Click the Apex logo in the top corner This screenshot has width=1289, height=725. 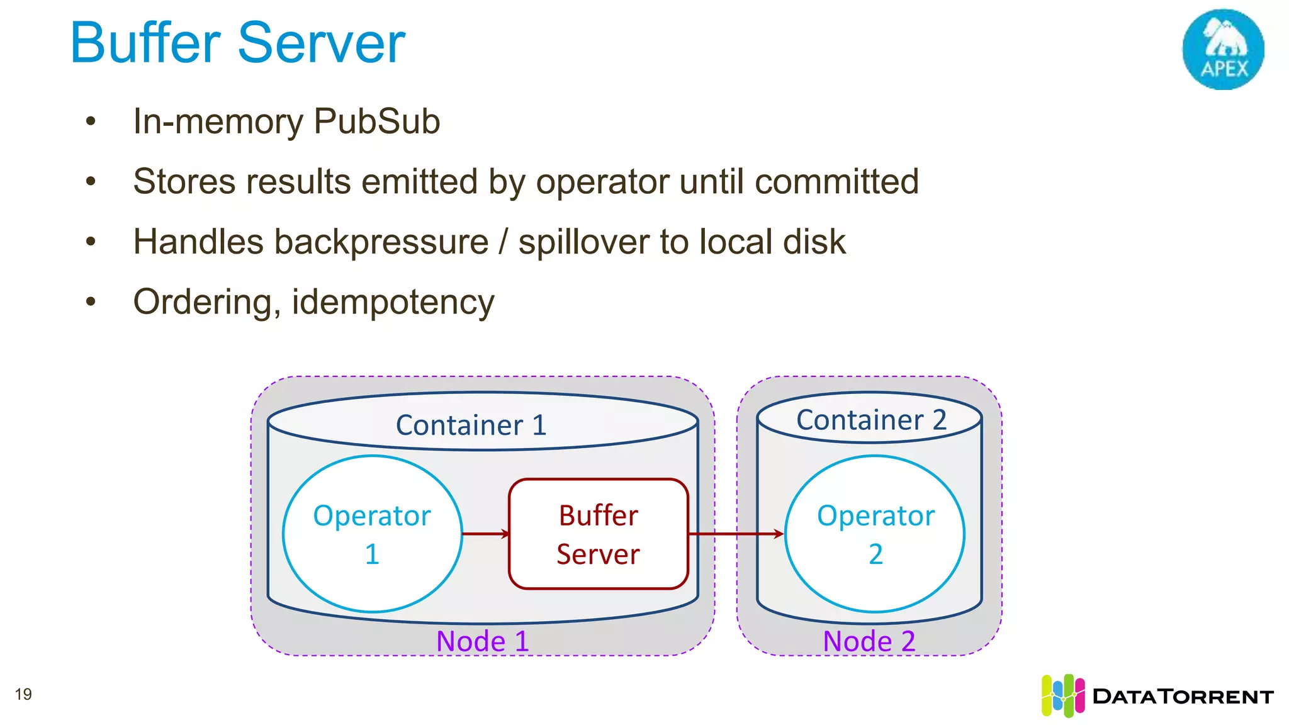coord(1223,49)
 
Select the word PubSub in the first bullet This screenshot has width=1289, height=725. coord(376,121)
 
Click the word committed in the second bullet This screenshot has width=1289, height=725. coord(836,181)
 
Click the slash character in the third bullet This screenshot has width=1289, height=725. coord(503,242)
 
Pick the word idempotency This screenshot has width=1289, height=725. coord(393,303)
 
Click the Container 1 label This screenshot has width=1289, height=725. coord(471,425)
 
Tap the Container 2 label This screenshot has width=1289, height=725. coord(871,420)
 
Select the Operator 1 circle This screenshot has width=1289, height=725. coord(372,534)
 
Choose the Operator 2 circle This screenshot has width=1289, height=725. coord(875,534)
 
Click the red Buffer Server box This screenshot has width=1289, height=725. coord(598,534)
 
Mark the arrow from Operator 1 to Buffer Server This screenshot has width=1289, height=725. coord(485,534)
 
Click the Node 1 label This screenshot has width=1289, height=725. coord(482,641)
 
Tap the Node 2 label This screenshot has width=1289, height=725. coord(869,641)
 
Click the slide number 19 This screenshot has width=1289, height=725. coord(23,694)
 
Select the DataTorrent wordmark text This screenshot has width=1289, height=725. coord(1183,697)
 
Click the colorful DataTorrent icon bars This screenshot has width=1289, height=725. coord(1062,695)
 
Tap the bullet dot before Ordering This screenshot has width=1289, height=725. coord(91,302)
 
